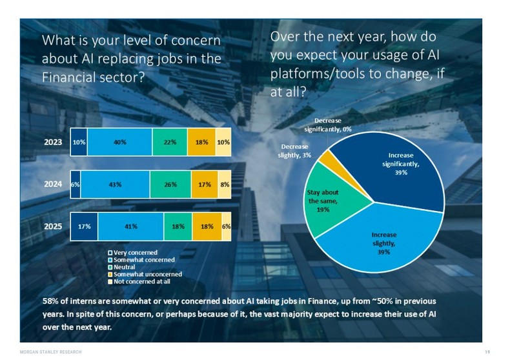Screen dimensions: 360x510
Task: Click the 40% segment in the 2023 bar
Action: [x=119, y=143]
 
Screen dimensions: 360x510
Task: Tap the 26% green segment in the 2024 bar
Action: [x=170, y=184]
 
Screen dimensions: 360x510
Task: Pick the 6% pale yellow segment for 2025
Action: [x=227, y=226]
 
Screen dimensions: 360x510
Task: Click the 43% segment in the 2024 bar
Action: [x=116, y=184]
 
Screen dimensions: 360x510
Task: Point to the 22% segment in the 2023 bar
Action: [x=170, y=143]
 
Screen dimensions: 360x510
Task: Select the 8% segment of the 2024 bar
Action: [x=224, y=184]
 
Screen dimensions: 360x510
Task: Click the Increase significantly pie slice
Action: [x=403, y=165]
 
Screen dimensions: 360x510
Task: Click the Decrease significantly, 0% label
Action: [x=336, y=125]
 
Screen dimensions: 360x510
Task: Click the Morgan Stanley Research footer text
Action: [x=52, y=352]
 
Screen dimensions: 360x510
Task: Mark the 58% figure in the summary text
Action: [x=51, y=302]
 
